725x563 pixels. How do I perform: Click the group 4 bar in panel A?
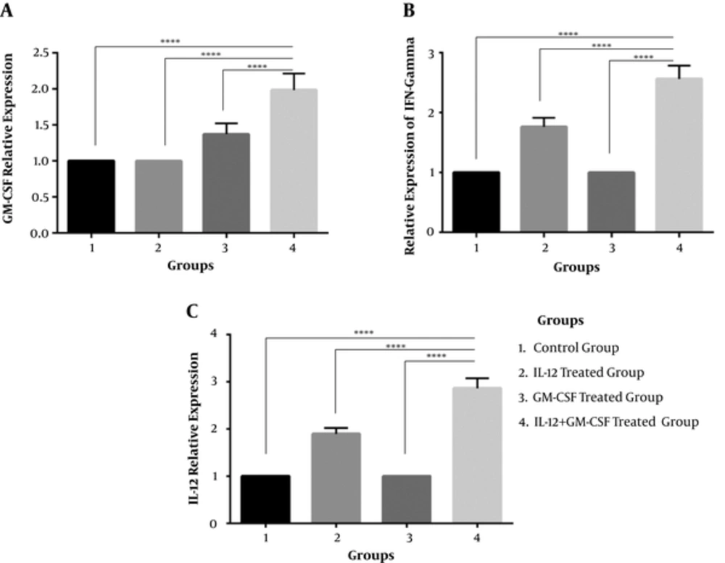(x=294, y=161)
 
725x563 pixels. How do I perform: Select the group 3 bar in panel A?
(x=225, y=183)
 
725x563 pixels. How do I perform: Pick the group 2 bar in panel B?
(x=544, y=179)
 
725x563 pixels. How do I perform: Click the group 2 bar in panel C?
(x=336, y=477)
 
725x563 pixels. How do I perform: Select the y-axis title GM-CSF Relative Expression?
(x=15, y=138)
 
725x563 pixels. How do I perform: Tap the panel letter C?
(x=192, y=312)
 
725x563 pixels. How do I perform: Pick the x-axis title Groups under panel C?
(x=371, y=556)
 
